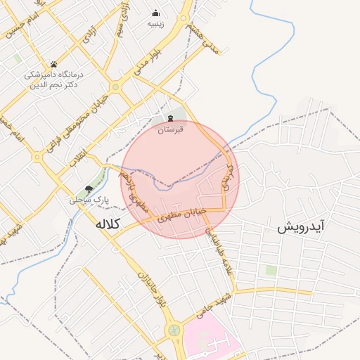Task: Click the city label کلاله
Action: (x=108, y=224)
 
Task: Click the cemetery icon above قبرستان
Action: (x=170, y=119)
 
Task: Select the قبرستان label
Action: (x=170, y=130)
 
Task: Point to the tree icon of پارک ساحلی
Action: (x=89, y=188)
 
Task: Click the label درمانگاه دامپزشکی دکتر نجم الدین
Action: (x=54, y=79)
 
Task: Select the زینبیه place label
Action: (x=155, y=23)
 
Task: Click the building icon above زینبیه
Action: (x=155, y=13)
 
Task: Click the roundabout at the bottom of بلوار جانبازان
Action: (x=172, y=330)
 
